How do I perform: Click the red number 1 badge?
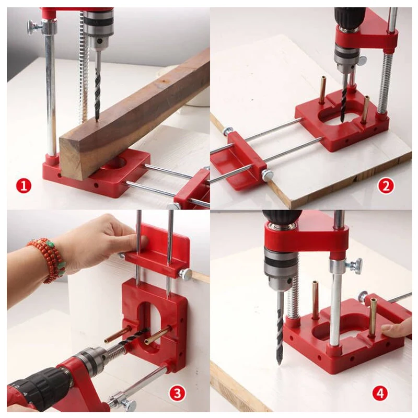point(24,185)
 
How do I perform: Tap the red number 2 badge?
point(386,185)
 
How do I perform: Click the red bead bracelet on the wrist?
point(47,259)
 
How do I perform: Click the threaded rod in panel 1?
point(82,68)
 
